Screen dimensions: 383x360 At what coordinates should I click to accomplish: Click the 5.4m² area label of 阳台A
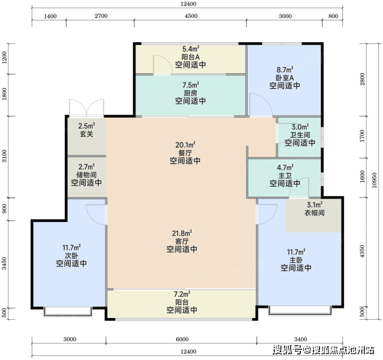(191, 49)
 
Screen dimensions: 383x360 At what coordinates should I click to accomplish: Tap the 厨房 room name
(191, 93)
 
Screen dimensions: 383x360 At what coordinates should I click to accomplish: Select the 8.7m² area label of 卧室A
(285, 70)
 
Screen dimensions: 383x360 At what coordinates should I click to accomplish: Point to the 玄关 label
(87, 134)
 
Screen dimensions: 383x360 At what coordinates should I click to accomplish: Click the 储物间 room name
(87, 175)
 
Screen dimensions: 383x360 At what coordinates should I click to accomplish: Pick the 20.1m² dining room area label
(185, 145)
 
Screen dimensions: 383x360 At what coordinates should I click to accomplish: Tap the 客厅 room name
(182, 241)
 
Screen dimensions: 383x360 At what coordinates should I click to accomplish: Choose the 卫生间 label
(300, 135)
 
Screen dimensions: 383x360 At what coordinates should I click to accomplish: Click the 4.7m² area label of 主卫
(285, 168)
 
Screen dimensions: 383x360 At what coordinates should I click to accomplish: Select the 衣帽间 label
(315, 213)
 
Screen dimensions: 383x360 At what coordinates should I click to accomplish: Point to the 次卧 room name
(71, 256)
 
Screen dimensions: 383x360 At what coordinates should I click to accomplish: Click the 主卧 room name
(296, 260)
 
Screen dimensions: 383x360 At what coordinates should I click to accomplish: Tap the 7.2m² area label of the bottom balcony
(182, 294)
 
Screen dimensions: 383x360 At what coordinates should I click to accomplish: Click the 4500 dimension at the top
(191, 16)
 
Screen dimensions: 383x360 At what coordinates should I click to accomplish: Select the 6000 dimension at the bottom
(182, 339)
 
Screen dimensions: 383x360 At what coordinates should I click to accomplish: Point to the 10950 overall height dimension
(374, 181)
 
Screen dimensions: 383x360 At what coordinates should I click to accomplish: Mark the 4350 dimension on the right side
(362, 251)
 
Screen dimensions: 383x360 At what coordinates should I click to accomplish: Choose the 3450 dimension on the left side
(4, 263)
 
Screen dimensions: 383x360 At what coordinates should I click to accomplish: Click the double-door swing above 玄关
(87, 107)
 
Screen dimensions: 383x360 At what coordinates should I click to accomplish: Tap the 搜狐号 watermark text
(287, 350)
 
